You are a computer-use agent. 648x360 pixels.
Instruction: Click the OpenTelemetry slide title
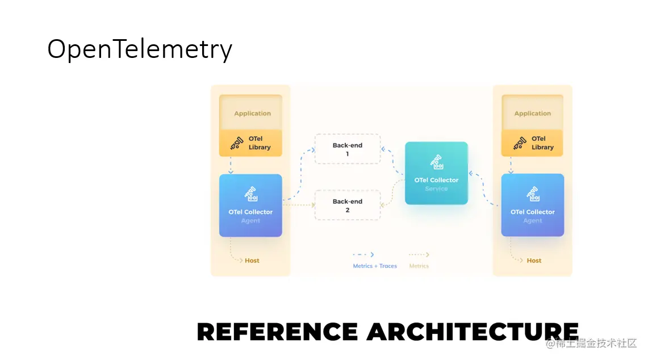coord(140,49)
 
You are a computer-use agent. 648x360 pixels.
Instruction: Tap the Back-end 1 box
coord(348,149)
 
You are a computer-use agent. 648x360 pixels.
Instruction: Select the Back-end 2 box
coord(348,206)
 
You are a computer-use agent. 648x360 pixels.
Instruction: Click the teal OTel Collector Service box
coord(436,173)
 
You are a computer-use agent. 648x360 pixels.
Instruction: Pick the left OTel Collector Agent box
coord(250,205)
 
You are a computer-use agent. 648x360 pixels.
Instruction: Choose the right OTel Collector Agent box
coord(532,205)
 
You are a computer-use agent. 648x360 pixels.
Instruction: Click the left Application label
coord(253,114)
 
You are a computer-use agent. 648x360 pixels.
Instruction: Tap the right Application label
coord(533,114)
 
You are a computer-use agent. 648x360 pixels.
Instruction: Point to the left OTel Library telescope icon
coord(237,143)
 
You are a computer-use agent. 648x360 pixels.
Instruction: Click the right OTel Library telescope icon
coord(520,143)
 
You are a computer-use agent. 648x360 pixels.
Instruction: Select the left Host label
coord(252,261)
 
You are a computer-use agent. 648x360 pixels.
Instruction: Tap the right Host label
coord(534,261)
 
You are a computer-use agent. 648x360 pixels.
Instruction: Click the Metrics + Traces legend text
coord(375,266)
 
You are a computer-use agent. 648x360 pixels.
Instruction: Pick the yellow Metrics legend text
coord(419,266)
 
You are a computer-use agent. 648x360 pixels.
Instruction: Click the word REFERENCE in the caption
coord(277,332)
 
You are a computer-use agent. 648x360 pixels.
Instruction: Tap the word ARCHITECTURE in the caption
coord(473,332)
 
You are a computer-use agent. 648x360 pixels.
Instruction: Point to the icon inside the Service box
coord(436,162)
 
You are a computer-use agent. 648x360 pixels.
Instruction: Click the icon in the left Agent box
coord(250,194)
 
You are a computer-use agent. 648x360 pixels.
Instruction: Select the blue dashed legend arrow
coord(363,255)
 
